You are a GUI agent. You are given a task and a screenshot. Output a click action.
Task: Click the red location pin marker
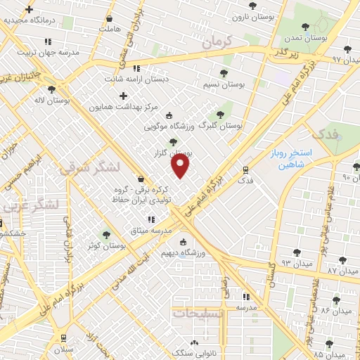point(181,166)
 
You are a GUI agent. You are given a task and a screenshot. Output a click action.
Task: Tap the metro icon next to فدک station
point(245,169)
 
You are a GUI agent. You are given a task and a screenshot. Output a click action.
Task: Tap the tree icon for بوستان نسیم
point(224,73)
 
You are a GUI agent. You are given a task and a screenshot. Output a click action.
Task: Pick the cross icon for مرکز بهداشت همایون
point(124,96)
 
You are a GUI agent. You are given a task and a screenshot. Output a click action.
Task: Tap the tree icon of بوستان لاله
point(51,89)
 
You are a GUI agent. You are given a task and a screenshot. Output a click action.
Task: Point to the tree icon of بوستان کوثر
point(107,235)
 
